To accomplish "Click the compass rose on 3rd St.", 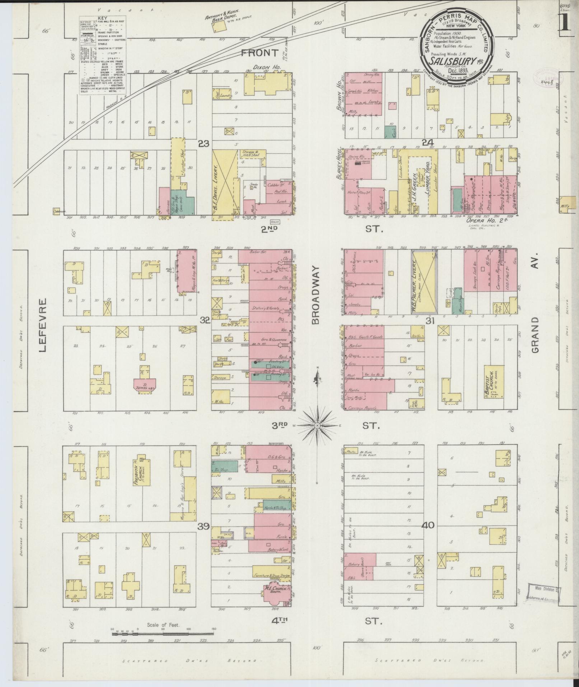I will [317, 426].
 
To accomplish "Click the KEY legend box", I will [102, 56].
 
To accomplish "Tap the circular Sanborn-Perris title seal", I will [457, 40].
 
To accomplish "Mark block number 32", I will [205, 320].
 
